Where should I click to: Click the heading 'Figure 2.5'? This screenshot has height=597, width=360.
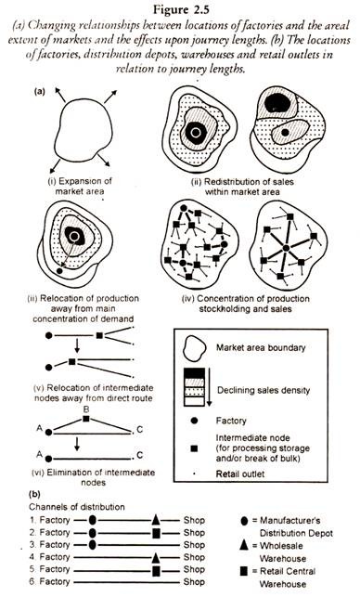182,9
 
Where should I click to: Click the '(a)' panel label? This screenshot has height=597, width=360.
40,91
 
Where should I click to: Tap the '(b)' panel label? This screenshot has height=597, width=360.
34,495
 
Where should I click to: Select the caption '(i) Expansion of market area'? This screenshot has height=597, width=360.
80,187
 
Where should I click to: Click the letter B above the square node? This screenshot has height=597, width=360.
86,409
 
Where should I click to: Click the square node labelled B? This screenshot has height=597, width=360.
86,419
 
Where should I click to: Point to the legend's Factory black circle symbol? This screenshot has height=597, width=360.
194,421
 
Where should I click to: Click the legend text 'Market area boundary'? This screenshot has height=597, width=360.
261,347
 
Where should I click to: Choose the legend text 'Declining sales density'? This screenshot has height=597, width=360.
264,390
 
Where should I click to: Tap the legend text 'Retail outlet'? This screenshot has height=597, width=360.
239,474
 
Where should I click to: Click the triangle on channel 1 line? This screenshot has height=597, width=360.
155,520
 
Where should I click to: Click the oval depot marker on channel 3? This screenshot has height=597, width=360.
92,545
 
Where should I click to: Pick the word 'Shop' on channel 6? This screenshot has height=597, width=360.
194,582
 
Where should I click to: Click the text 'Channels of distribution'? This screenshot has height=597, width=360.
77,507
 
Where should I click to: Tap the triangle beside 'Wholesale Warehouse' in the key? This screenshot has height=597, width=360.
244,545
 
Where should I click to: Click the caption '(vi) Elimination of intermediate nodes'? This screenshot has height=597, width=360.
93,477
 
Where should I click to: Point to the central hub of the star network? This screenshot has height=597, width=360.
286,248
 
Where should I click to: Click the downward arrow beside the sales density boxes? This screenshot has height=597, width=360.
209,387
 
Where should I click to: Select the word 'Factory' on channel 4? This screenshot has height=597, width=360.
55,557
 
